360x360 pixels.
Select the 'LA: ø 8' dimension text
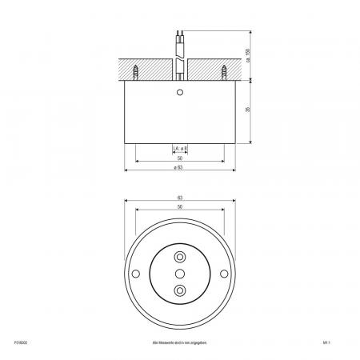click(x=180, y=150)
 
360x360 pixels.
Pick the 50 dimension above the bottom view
click(x=180, y=206)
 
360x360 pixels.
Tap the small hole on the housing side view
click(x=180, y=93)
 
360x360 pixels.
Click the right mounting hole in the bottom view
click(x=225, y=274)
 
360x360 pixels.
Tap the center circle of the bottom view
click(x=180, y=274)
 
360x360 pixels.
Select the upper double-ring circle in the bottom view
click(x=180, y=258)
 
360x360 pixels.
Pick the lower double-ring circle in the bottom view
click(x=180, y=291)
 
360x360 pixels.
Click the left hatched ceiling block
click(x=148, y=70)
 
